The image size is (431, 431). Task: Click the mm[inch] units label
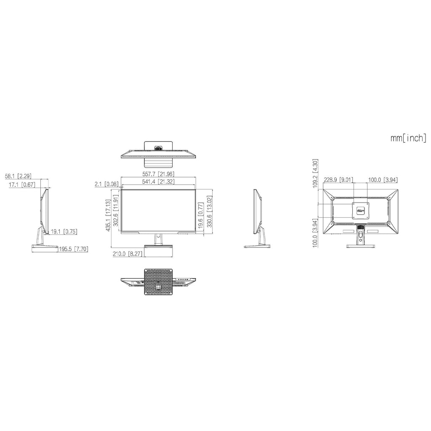pos(408,138)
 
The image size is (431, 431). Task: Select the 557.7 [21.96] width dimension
pos(158,174)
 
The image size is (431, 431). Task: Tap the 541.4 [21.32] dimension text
pos(158,181)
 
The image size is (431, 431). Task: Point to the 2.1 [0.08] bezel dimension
pos(106,184)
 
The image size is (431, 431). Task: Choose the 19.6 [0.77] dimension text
pos(201,215)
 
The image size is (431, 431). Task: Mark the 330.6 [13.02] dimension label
pos(210,211)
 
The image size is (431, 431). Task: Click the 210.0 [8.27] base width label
pos(128,254)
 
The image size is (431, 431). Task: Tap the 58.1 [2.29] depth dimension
pos(18,176)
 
